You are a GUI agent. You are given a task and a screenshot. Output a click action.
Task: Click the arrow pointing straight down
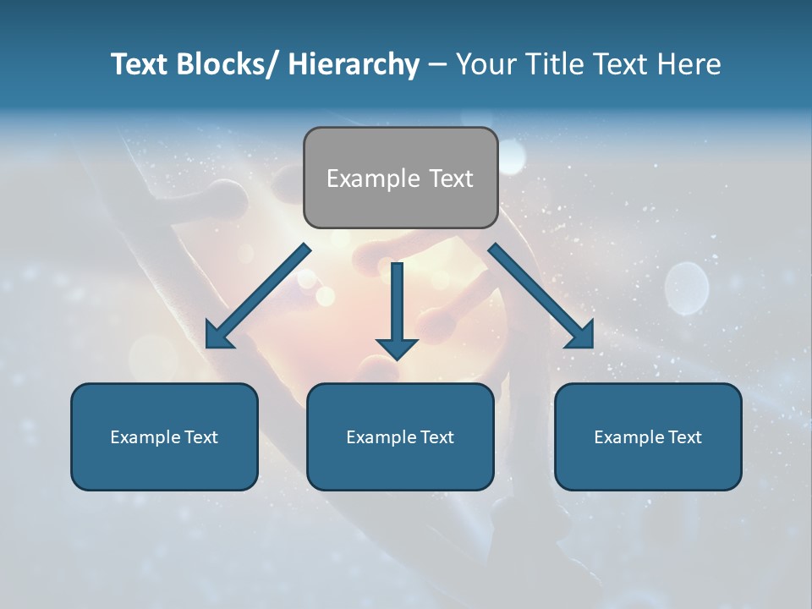(x=397, y=309)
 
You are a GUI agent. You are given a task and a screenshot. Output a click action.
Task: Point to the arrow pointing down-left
(x=259, y=296)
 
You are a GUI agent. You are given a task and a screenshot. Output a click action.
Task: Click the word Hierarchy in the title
(x=353, y=64)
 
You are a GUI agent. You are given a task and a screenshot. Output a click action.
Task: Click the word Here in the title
(x=689, y=64)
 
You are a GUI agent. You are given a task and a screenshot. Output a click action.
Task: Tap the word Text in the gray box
(x=450, y=178)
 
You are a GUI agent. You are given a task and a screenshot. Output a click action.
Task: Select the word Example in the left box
(x=145, y=437)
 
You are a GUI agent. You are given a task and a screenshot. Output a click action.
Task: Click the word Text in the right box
(x=684, y=437)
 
